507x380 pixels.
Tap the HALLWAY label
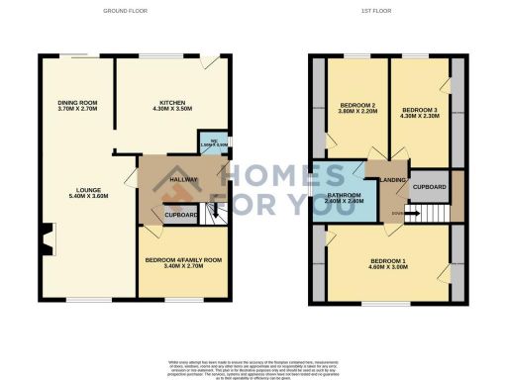(184, 179)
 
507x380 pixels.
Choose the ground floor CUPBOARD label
(181, 215)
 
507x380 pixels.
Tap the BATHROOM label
(346, 195)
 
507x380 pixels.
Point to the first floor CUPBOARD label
(428, 186)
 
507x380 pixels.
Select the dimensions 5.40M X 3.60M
(86, 198)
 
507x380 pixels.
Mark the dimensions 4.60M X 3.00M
(388, 267)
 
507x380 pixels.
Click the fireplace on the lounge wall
(47, 238)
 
